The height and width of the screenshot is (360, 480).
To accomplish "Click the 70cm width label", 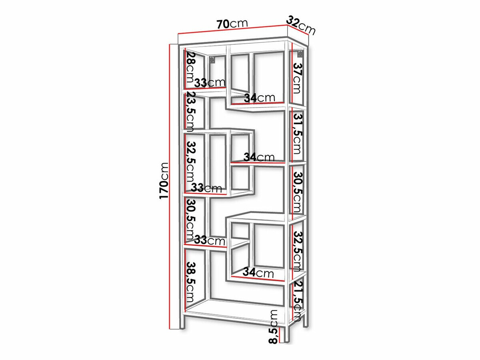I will (x=232, y=24).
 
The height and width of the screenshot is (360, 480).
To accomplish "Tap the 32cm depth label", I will (x=301, y=25).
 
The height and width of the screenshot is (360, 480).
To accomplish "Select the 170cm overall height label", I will (x=163, y=180).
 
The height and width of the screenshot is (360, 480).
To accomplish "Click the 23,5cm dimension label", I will (x=190, y=113).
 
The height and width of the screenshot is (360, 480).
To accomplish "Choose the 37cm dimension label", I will (x=297, y=78).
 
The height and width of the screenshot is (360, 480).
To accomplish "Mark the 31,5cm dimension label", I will (x=297, y=133).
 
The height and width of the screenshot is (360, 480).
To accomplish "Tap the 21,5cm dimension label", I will (x=297, y=300).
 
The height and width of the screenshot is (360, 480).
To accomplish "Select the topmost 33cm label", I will (x=210, y=83).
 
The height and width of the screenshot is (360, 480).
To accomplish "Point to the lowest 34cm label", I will (x=258, y=273).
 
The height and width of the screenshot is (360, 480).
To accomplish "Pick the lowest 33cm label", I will (x=210, y=241).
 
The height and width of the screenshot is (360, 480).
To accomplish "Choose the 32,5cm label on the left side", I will (x=190, y=162).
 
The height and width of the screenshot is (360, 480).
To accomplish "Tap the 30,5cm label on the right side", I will (x=297, y=192).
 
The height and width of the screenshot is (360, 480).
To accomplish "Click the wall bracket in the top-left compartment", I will (x=212, y=60).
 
